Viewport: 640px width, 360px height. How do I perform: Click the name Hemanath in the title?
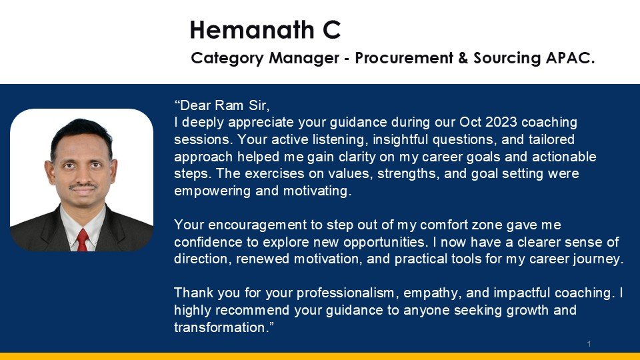[x=252, y=30]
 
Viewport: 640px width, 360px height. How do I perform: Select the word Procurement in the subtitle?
[x=404, y=58]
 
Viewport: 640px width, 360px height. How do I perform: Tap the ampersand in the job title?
[x=463, y=58]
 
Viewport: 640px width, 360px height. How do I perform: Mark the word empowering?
[x=212, y=191]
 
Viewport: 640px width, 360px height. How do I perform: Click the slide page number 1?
[x=589, y=344]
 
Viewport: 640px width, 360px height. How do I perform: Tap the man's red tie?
[x=83, y=240]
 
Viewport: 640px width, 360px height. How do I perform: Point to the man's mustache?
[x=83, y=186]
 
